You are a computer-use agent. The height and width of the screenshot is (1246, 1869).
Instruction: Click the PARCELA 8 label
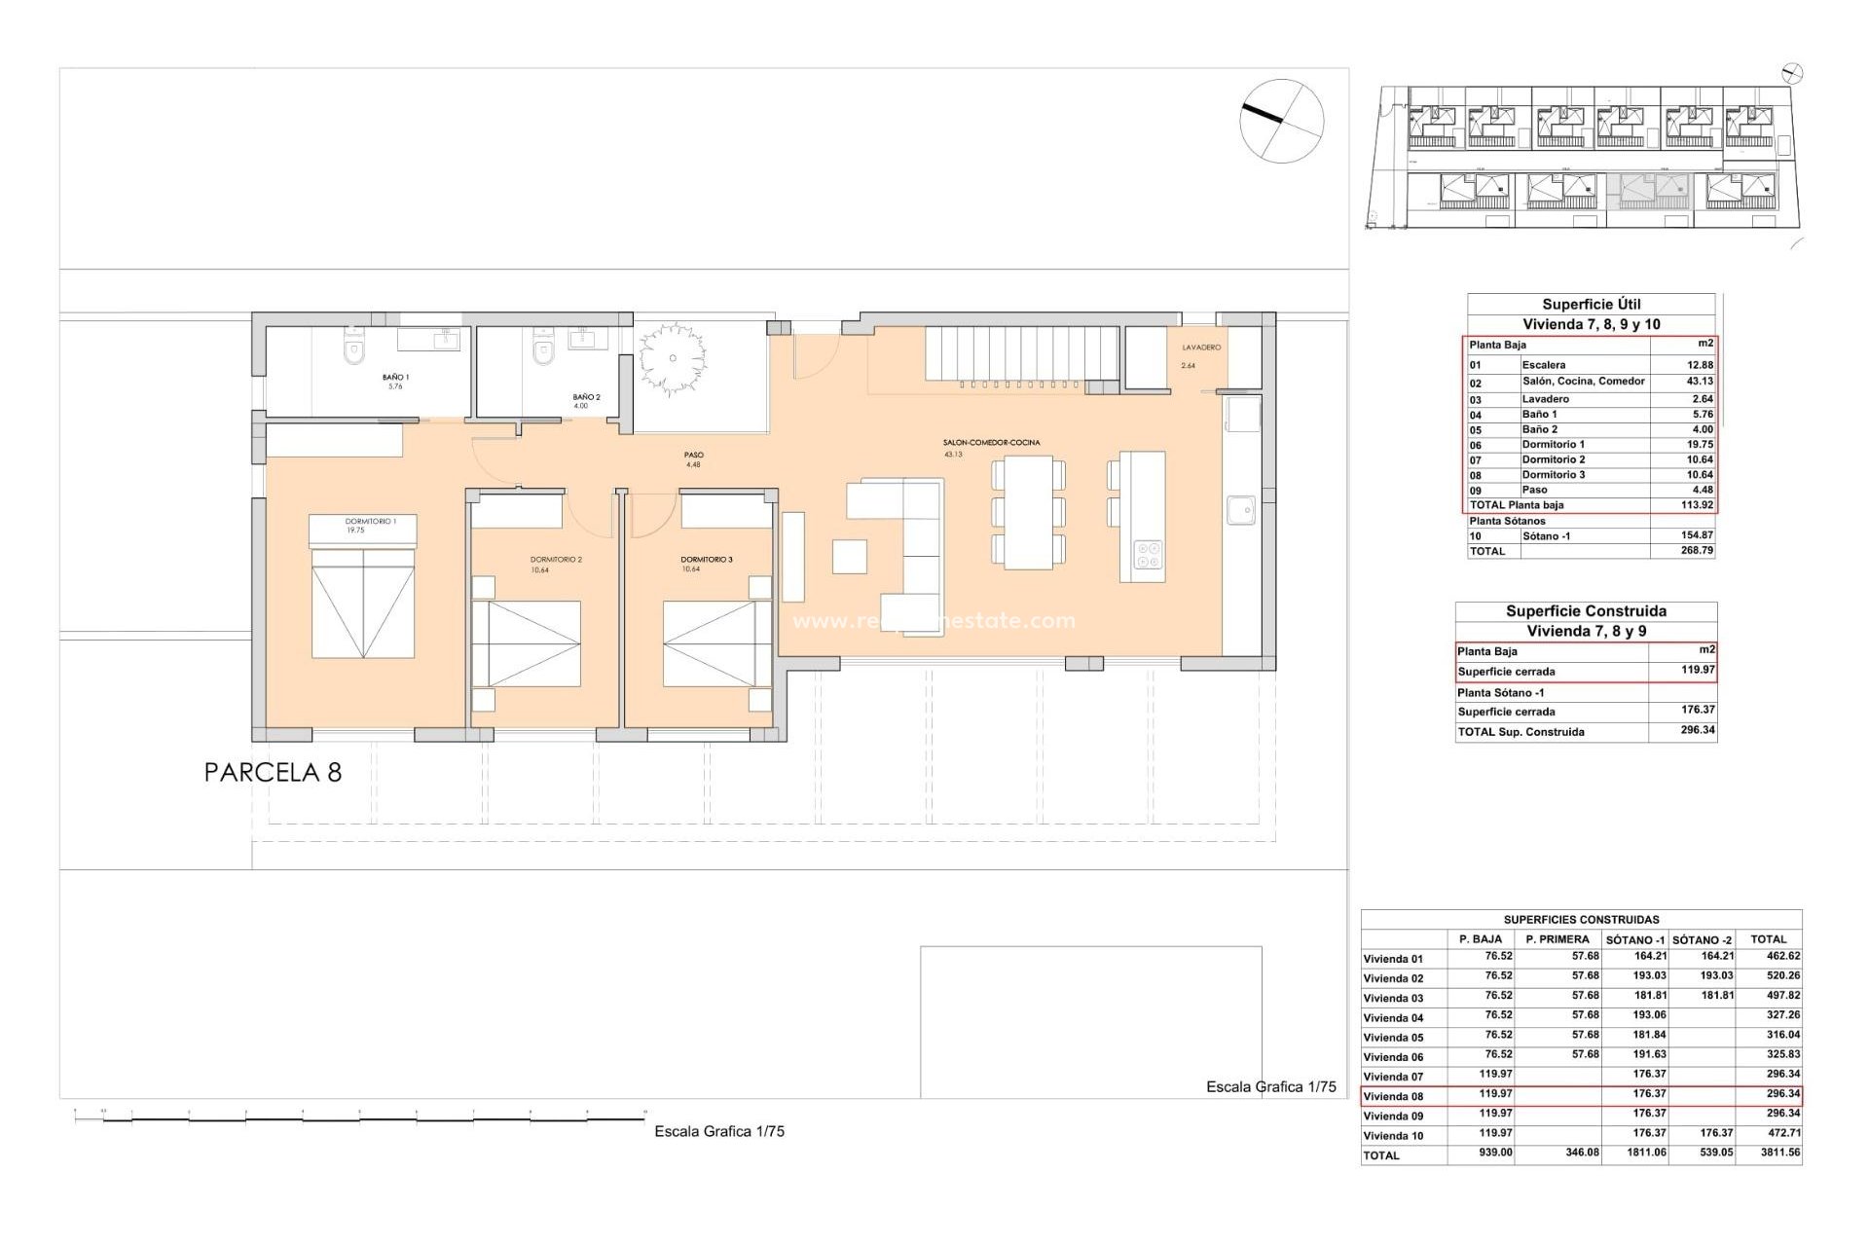pos(273,773)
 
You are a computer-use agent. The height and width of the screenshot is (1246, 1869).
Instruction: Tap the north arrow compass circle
pos(1281,121)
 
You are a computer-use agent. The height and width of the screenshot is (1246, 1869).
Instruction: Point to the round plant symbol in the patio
pos(673,358)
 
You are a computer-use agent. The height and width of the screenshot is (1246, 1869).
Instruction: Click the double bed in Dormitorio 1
pos(363,603)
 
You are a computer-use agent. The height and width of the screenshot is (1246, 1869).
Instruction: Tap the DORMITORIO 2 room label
pos(556,560)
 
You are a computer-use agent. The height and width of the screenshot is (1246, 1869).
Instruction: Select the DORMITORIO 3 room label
pos(707,560)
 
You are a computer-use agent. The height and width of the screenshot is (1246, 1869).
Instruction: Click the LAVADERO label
pos(1201,348)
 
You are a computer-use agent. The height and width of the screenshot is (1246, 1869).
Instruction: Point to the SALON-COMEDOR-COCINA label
pos(991,443)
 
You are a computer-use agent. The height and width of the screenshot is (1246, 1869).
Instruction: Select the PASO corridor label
pos(693,455)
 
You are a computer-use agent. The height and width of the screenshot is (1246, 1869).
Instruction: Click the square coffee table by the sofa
pos(849,557)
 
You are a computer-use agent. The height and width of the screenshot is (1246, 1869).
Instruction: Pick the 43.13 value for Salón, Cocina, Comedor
pos(1700,382)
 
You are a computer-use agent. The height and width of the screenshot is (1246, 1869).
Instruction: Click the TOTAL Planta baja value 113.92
pos(1697,505)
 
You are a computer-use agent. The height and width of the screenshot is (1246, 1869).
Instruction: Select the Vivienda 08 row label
pos(1393,1097)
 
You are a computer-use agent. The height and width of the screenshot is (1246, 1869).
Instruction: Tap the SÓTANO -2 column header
pos(1702,940)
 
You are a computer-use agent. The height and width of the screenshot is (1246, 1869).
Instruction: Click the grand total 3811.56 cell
pos(1780,1153)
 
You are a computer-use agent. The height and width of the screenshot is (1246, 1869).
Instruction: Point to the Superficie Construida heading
pos(1586,611)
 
